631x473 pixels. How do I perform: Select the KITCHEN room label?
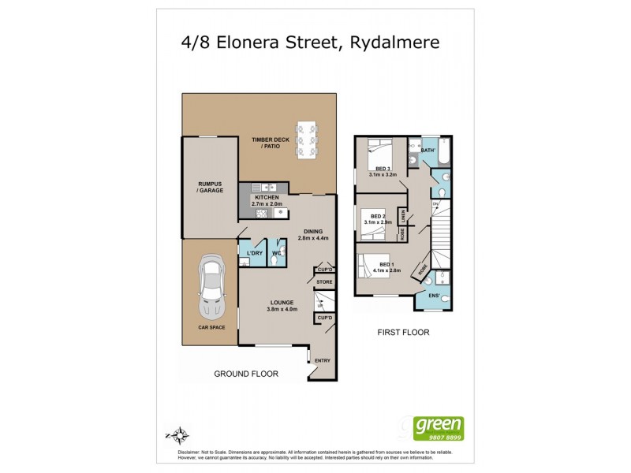click(x=267, y=198)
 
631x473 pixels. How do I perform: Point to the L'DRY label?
click(x=253, y=252)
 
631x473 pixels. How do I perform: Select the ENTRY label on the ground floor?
click(x=323, y=361)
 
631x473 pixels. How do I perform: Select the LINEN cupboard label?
click(x=402, y=215)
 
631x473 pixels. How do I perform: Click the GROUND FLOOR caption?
click(x=246, y=374)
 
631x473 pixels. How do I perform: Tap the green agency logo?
click(x=440, y=428)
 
